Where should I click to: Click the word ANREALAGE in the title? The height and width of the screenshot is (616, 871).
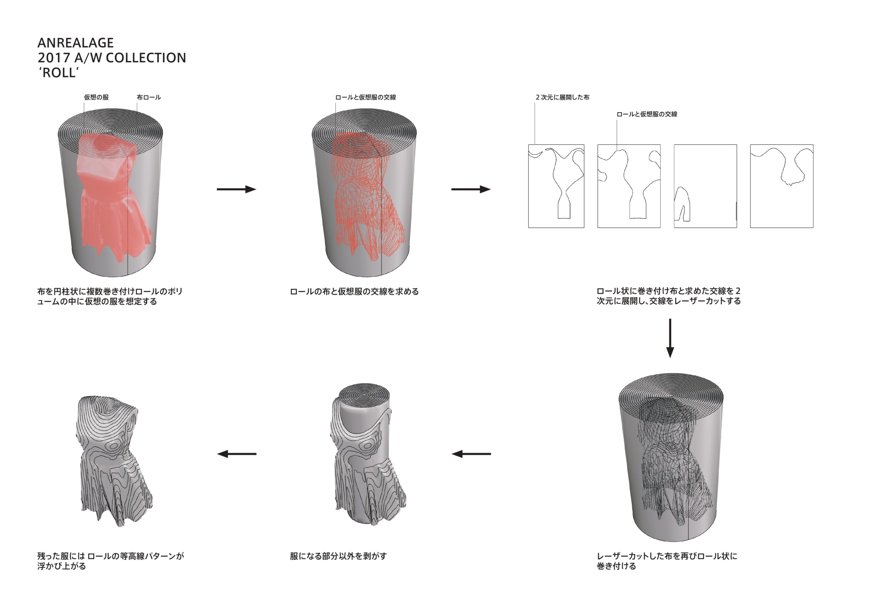tap(76, 43)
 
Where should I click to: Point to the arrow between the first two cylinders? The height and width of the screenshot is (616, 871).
tap(236, 189)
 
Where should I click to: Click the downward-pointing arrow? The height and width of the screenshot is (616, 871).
tap(670, 338)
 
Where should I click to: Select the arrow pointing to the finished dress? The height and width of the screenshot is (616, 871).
tap(236, 454)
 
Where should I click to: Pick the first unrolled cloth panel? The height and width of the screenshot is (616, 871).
tap(556, 186)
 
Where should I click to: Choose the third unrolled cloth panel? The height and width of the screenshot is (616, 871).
tap(705, 186)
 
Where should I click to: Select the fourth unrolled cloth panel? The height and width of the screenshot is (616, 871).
tap(782, 186)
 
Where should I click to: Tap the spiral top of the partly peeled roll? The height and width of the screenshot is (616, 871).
tap(364, 396)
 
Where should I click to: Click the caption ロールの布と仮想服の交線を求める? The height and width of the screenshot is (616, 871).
tap(354, 291)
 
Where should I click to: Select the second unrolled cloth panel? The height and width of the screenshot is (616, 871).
tap(629, 186)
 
